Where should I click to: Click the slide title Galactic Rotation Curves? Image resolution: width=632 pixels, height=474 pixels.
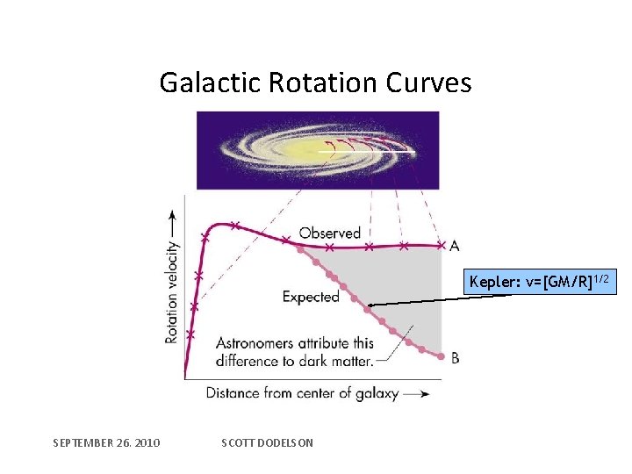coord(315,83)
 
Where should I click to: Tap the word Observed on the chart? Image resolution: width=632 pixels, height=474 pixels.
coord(330,233)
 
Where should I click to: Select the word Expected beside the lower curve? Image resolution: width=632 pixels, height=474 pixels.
coord(311,297)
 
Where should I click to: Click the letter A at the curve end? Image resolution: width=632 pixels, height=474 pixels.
coord(454,246)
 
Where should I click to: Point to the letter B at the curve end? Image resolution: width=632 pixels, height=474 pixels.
coord(455,357)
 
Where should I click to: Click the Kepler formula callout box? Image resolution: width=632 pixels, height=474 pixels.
coord(542,282)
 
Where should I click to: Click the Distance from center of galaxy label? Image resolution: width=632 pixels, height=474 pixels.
coord(302,392)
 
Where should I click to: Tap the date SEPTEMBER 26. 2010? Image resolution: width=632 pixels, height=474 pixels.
coord(106,442)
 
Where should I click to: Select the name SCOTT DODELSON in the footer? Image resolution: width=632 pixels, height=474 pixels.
coord(268,442)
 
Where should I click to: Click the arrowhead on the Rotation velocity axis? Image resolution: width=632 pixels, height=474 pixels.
coord(172,215)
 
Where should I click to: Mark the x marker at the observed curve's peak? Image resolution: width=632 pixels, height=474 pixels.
coord(234,225)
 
